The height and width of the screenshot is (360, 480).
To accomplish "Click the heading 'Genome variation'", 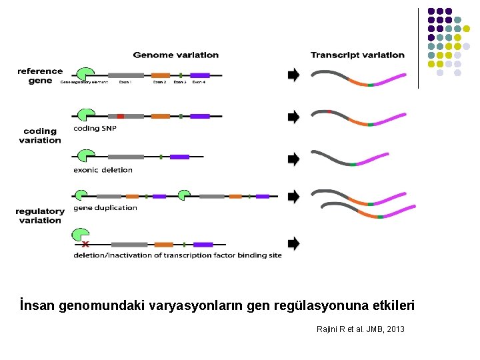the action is tap(175, 55).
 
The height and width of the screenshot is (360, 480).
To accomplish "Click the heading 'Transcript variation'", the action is tap(357, 55).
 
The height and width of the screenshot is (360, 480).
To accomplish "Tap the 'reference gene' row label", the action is tap(40, 75).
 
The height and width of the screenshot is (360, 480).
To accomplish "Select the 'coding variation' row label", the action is tap(40, 135).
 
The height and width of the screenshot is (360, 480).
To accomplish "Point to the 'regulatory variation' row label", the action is tap(40, 215).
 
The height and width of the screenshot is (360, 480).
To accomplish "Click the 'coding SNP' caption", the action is tap(96, 128).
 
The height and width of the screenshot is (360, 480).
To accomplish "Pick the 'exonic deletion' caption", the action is tap(103, 169).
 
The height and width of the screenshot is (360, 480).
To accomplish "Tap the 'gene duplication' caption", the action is tap(105, 207).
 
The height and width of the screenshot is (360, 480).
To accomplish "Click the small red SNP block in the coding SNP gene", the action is tap(121, 116).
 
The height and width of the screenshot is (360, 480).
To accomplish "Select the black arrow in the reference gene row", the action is tap(293, 75).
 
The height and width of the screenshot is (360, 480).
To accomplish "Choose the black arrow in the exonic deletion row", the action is tap(293, 159).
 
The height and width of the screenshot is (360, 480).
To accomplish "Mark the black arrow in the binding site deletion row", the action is tap(293, 243).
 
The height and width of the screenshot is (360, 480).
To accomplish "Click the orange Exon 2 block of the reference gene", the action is tap(161, 75).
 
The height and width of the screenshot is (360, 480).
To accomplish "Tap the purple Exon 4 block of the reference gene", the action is tap(200, 75).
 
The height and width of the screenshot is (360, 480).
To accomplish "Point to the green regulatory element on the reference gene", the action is tap(85, 74).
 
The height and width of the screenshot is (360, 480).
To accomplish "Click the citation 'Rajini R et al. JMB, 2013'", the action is tap(360, 329).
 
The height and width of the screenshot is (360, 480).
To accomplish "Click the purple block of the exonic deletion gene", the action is tap(179, 157).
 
